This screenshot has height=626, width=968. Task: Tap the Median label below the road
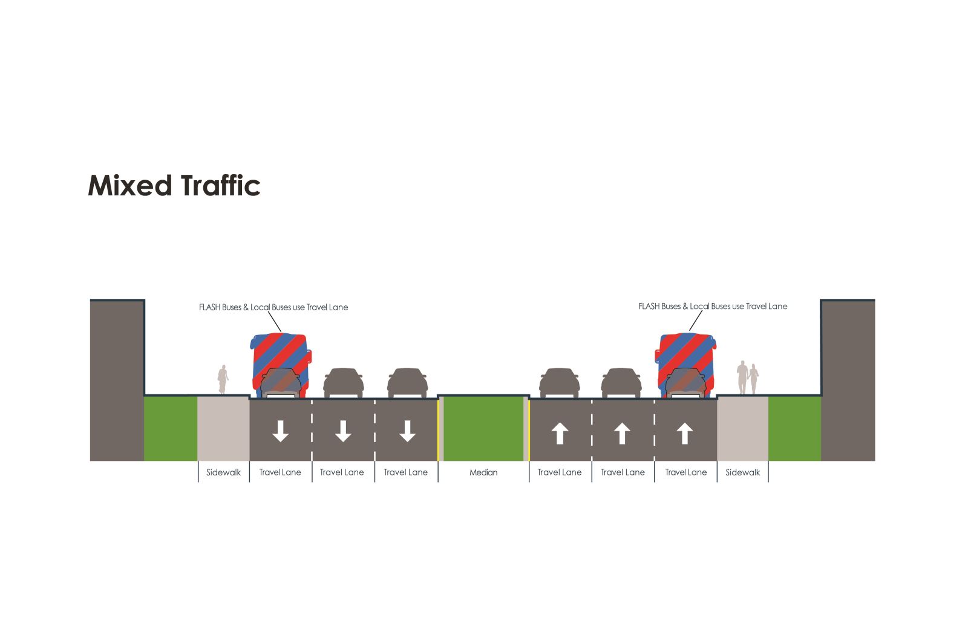pyautogui.click(x=483, y=472)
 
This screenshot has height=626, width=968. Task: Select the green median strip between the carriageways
pyautogui.click(x=483, y=429)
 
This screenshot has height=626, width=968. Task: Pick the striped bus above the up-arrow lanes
pyautogui.click(x=687, y=365)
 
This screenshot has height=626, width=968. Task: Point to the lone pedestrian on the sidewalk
pyautogui.click(x=223, y=380)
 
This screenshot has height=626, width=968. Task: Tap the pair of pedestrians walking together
pyautogui.click(x=748, y=378)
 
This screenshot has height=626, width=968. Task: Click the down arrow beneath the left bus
pyautogui.click(x=280, y=431)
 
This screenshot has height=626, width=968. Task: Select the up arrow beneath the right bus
pyautogui.click(x=684, y=434)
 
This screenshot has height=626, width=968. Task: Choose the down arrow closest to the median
pyautogui.click(x=407, y=431)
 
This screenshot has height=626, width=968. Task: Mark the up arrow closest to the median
pyautogui.click(x=560, y=434)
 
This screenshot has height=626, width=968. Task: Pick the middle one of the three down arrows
pyautogui.click(x=343, y=431)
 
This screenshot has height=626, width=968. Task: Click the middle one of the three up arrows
pyautogui.click(x=622, y=434)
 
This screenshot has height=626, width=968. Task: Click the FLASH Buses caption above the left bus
pyautogui.click(x=273, y=307)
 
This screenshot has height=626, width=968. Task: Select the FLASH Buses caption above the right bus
pyautogui.click(x=713, y=307)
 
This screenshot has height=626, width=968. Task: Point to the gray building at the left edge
pyautogui.click(x=117, y=380)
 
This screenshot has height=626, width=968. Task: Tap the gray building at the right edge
pyautogui.click(x=848, y=380)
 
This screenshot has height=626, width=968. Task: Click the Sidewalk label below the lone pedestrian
pyautogui.click(x=223, y=472)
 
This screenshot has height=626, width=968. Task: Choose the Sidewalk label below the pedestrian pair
pyautogui.click(x=742, y=472)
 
